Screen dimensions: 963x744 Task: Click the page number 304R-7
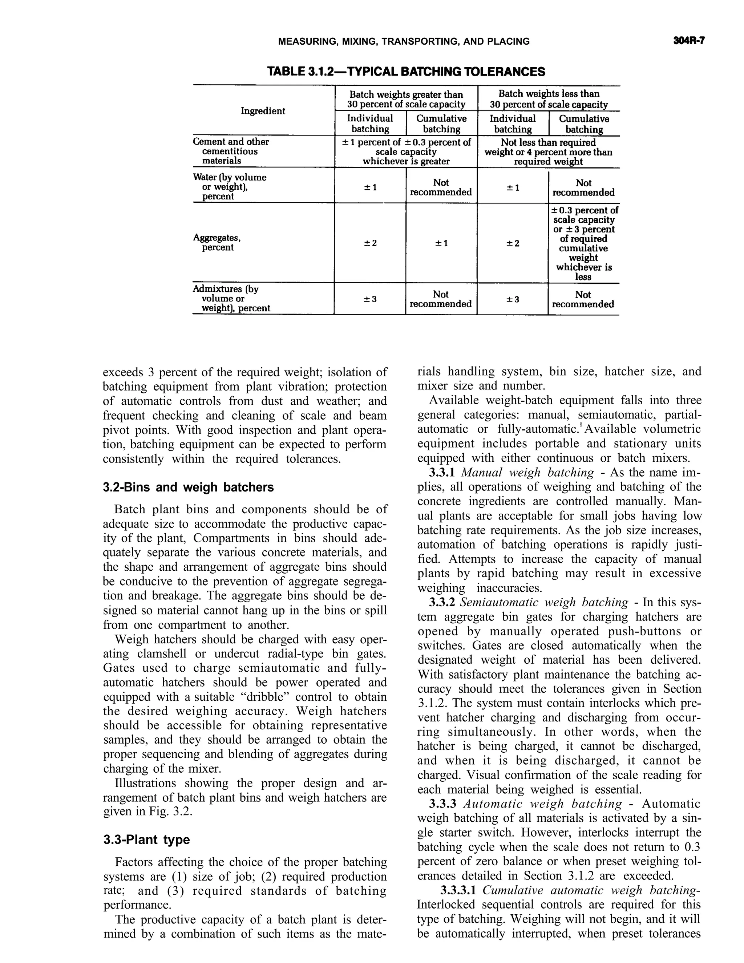point(689,41)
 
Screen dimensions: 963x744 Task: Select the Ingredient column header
point(263,111)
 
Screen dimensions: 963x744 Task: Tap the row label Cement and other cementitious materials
point(231,151)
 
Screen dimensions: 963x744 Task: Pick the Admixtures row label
point(231,299)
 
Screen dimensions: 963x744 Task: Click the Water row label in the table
point(229,186)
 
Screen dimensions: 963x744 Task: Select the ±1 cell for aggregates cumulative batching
point(441,243)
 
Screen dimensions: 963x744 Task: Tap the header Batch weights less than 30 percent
point(549,99)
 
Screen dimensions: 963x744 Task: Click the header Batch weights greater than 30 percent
point(406,99)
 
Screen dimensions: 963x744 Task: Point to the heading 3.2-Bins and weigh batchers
point(188,487)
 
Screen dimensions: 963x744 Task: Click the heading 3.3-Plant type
point(146,839)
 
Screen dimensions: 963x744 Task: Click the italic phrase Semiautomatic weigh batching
point(544,602)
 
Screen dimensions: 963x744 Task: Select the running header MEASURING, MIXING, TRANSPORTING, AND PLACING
point(404,41)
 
